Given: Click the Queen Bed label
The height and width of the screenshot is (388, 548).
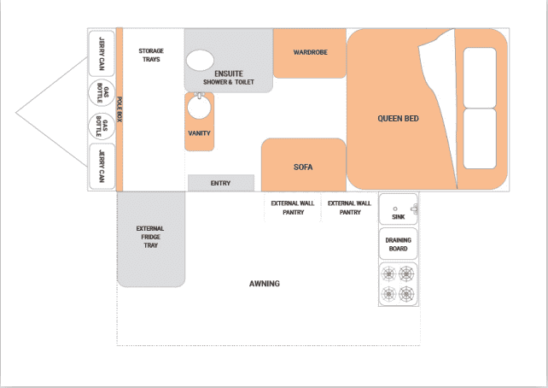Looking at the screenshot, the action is [x=398, y=119].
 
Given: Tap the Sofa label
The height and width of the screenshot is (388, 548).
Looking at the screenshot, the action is [x=303, y=168].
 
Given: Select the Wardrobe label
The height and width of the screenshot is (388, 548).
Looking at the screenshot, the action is [x=311, y=52].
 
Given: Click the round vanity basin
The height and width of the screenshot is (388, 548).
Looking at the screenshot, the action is [x=199, y=107].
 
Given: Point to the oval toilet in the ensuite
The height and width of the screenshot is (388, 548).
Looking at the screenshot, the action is [x=200, y=60].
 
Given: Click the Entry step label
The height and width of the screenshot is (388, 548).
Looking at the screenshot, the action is [x=220, y=184].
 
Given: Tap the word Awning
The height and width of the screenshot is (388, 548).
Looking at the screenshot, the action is [x=265, y=284].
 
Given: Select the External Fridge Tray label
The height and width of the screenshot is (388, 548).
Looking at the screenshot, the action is [x=150, y=237].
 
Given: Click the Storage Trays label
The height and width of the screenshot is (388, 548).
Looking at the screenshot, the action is [x=151, y=56].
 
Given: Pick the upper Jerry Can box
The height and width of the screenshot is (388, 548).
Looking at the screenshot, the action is [x=102, y=54].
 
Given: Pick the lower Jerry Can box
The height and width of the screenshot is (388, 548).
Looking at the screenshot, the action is [x=102, y=167].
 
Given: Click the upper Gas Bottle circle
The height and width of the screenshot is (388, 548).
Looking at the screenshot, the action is [x=102, y=92].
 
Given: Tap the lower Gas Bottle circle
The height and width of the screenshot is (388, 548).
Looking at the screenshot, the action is [x=102, y=126].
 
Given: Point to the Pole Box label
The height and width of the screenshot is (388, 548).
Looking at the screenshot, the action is [x=120, y=109].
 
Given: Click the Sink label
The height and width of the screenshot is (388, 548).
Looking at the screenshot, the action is [x=398, y=217].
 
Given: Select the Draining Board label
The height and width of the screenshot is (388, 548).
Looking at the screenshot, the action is [x=398, y=244].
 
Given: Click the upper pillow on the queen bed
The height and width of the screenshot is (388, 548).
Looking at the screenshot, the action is [x=480, y=78].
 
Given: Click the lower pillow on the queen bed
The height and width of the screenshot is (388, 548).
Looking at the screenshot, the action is [x=480, y=139].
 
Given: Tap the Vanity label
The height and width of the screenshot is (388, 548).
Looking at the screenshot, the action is [x=199, y=133].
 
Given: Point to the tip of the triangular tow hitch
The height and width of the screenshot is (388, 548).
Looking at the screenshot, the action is [x=15, y=113].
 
